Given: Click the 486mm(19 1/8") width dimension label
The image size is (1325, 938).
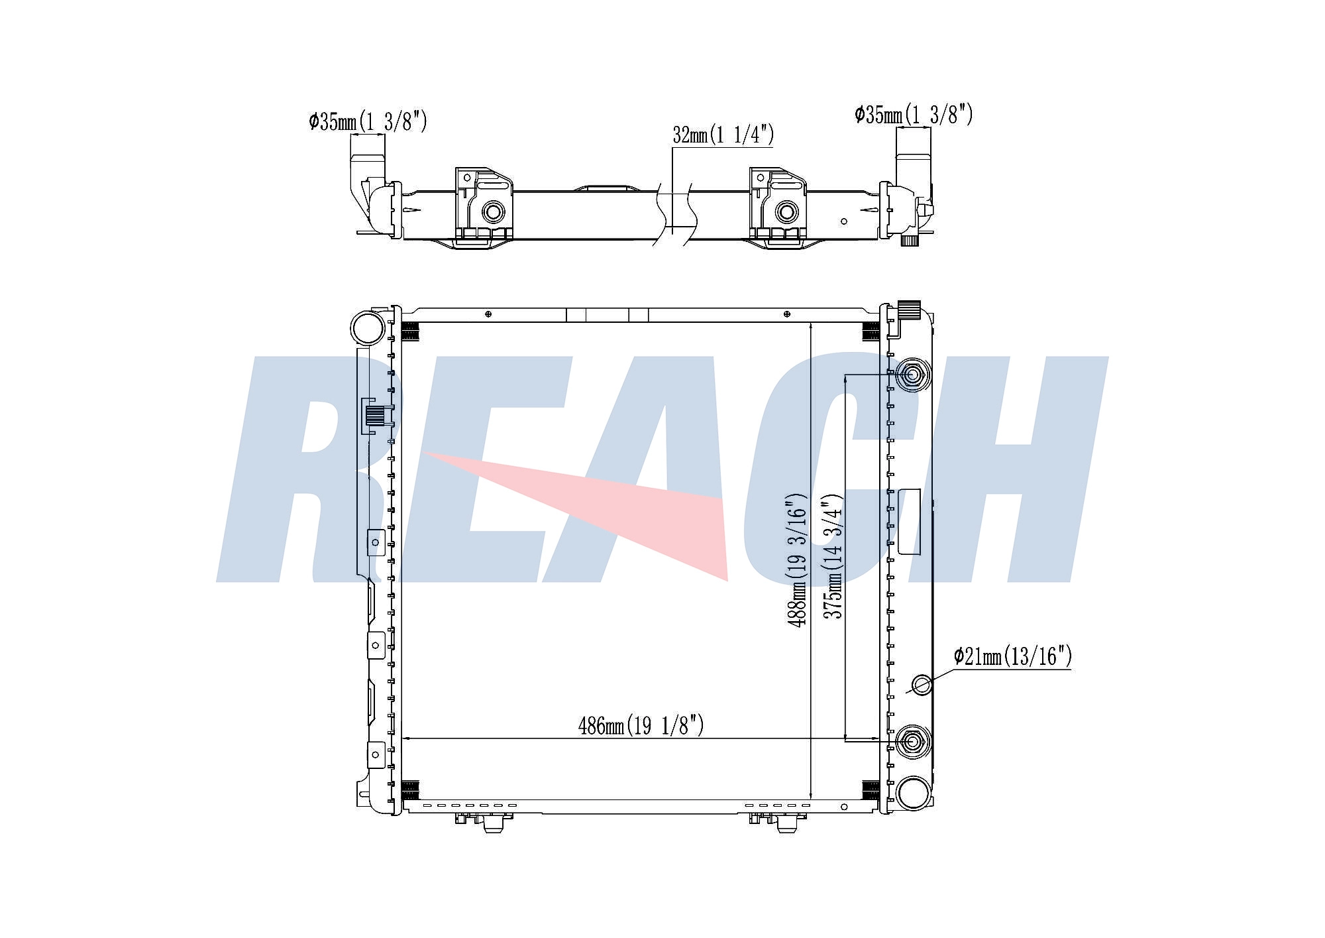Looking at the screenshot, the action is pos(641,726).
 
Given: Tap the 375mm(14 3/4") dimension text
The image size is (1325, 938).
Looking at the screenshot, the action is pos(833,556).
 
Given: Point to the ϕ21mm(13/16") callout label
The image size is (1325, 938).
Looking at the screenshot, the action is pos(1012,656).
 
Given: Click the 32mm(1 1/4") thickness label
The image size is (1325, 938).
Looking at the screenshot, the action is pos(723,135).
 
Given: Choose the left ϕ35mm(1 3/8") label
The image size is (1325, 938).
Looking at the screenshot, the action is pos(368,121).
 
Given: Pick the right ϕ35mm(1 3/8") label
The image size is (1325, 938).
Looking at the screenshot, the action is pos(914,114).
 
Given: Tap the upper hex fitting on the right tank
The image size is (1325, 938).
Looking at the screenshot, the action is pos(912,375).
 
